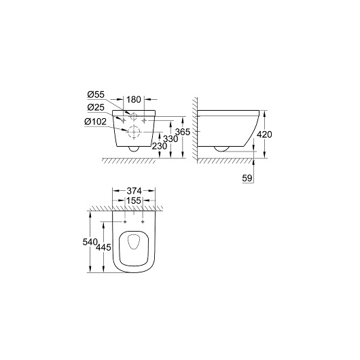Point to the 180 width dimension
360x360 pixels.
pyautogui.click(x=134, y=100)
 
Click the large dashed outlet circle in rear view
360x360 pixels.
pyautogui.click(x=134, y=130)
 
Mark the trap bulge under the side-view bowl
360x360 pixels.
pyautogui.click(x=221, y=147)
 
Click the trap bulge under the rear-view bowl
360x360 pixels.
pyautogui.click(x=134, y=148)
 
